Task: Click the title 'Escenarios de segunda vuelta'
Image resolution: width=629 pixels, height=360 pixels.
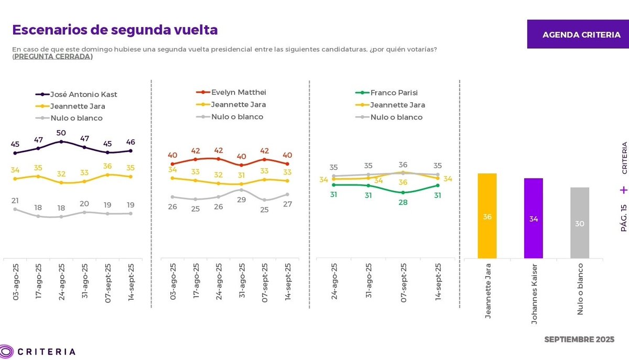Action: [x=115, y=30]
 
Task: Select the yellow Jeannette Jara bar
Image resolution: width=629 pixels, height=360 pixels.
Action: [x=487, y=216]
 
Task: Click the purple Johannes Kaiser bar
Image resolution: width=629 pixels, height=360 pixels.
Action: [x=534, y=218]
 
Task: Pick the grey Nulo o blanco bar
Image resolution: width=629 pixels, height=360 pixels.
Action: [x=580, y=223]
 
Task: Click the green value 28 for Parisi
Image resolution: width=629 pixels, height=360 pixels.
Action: [x=403, y=202]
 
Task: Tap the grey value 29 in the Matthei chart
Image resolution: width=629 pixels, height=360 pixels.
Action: [x=241, y=200]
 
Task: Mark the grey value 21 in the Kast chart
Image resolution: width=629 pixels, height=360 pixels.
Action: [x=15, y=200]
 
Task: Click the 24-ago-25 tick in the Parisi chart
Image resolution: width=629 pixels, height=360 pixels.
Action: [x=334, y=281]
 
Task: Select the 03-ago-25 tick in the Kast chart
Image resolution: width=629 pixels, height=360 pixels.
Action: [x=16, y=281]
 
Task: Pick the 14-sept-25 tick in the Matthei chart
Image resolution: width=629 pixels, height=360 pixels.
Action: [x=288, y=281]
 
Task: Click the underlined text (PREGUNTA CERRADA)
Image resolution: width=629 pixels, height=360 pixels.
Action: [x=52, y=57]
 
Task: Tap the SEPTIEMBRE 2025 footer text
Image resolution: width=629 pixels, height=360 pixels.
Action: [x=579, y=340]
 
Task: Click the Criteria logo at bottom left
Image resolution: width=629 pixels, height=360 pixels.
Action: [x=38, y=351]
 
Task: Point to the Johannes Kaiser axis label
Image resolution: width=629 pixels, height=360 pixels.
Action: [x=534, y=293]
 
